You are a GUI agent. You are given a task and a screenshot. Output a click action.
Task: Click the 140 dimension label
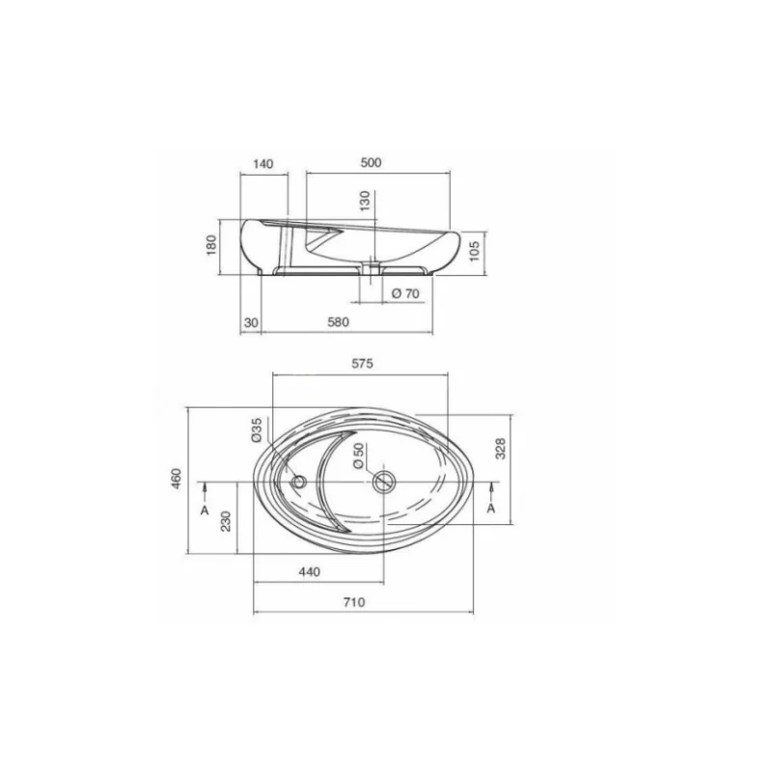262,163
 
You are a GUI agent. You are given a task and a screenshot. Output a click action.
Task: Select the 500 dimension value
371,162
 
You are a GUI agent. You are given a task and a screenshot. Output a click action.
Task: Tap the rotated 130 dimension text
365,201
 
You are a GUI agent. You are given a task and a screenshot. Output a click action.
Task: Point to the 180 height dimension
211,245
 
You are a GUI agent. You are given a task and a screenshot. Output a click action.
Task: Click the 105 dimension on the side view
475,252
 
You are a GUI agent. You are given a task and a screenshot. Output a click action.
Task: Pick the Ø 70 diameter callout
405,293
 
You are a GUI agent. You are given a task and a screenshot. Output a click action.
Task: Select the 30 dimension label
251,322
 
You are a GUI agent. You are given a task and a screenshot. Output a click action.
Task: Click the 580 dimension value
339,322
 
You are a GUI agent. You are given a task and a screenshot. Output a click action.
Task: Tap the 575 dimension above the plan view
363,364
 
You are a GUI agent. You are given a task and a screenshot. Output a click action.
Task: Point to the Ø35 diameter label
256,429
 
